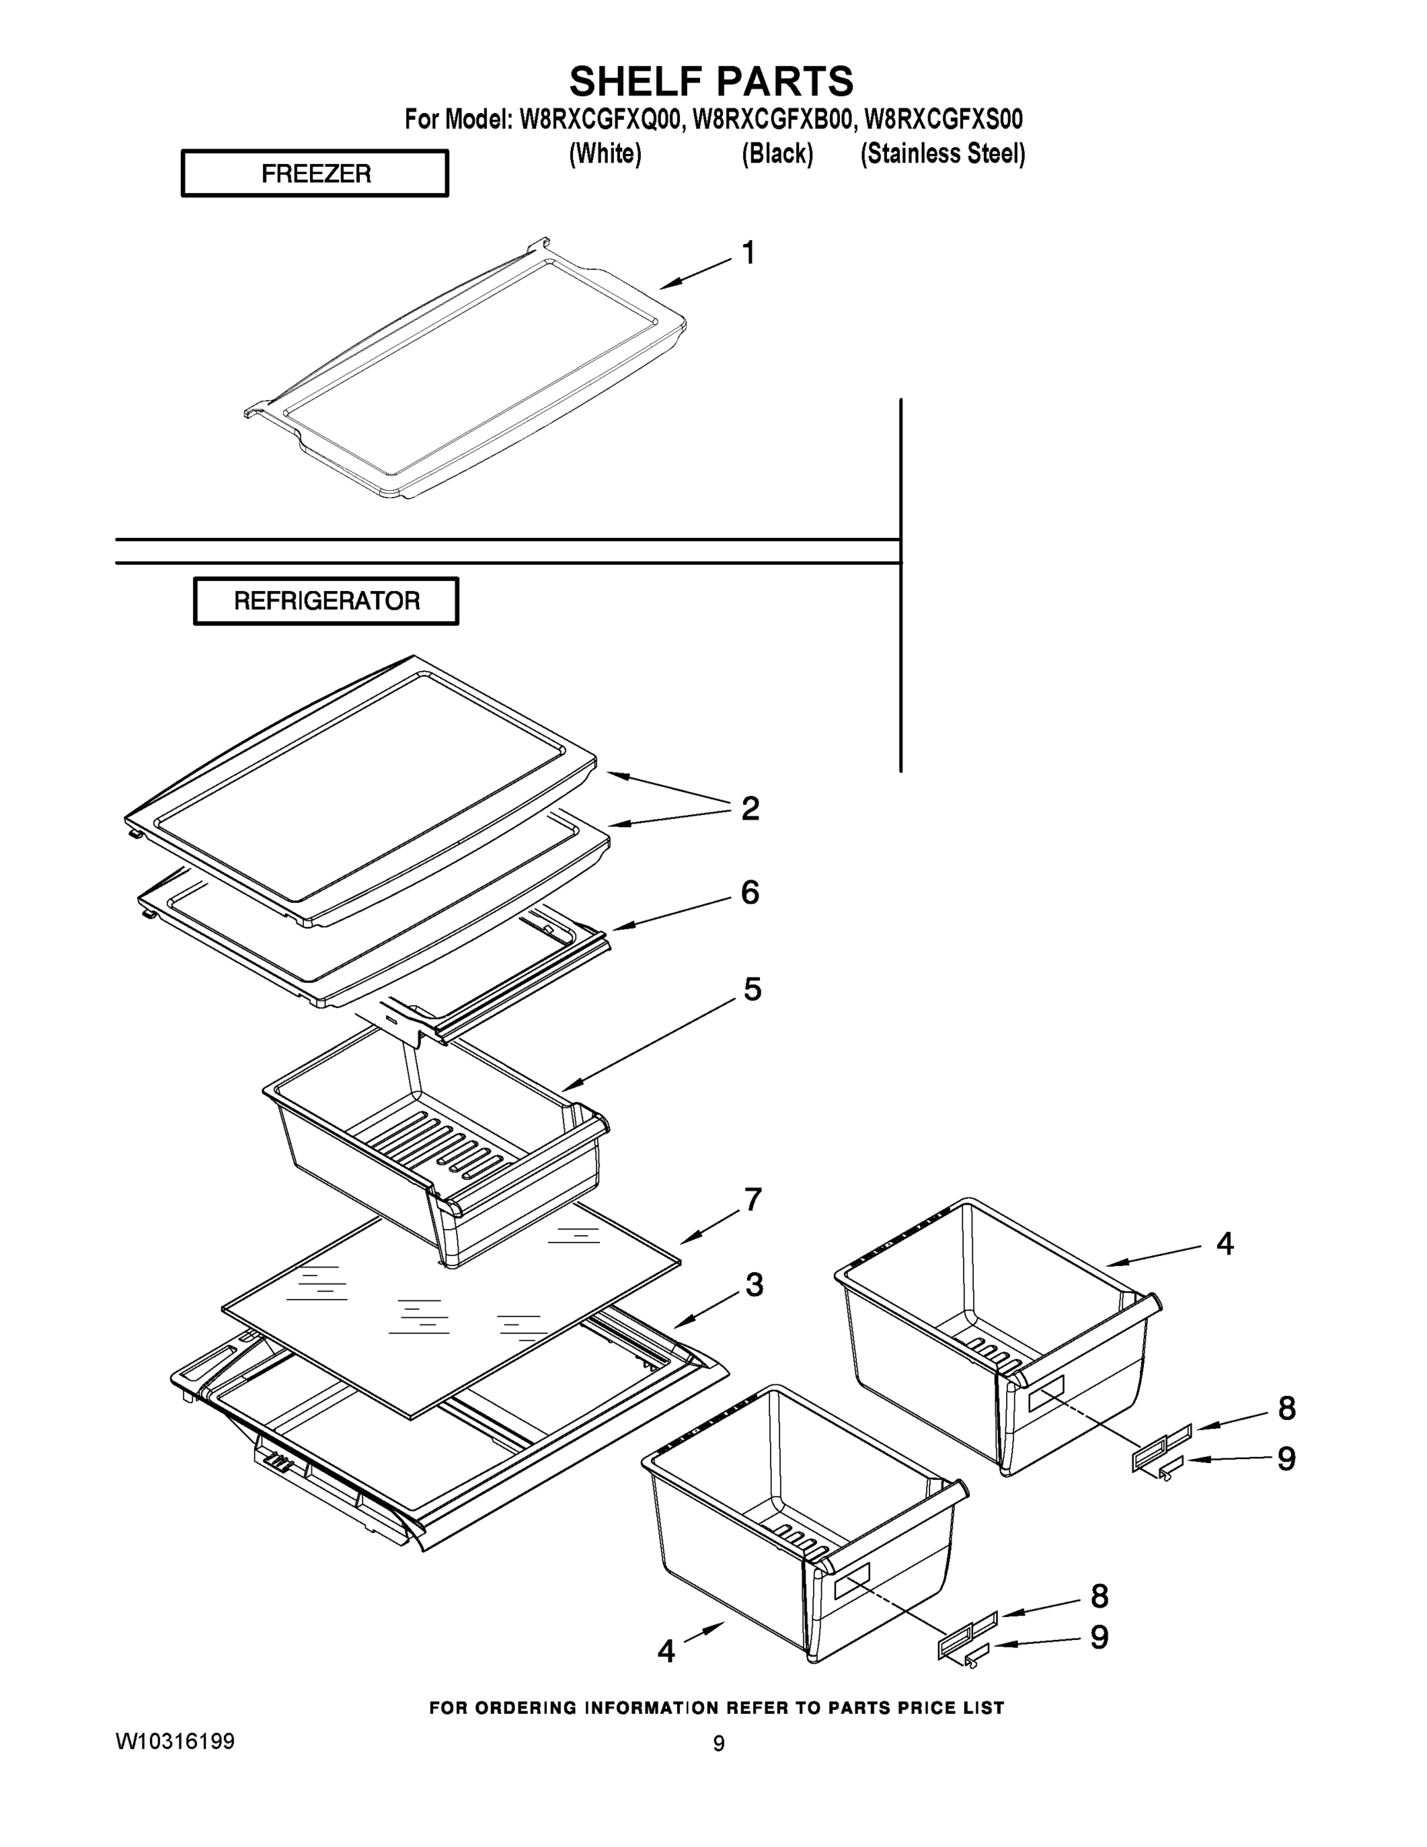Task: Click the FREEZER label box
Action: tap(315, 173)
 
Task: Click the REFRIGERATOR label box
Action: tap(326, 600)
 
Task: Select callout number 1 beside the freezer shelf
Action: tap(749, 253)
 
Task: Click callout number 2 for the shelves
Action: tap(750, 809)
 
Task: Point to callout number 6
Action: tap(750, 892)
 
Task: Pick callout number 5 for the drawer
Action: tap(752, 989)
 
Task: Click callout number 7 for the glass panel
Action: tap(752, 1199)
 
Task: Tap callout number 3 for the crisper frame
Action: tap(754, 1284)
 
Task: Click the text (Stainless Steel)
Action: tap(942, 154)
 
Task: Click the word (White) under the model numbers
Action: tap(605, 154)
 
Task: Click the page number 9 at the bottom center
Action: tap(719, 1744)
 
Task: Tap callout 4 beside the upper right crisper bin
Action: tap(1225, 1243)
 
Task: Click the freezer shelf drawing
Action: tap(465, 368)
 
